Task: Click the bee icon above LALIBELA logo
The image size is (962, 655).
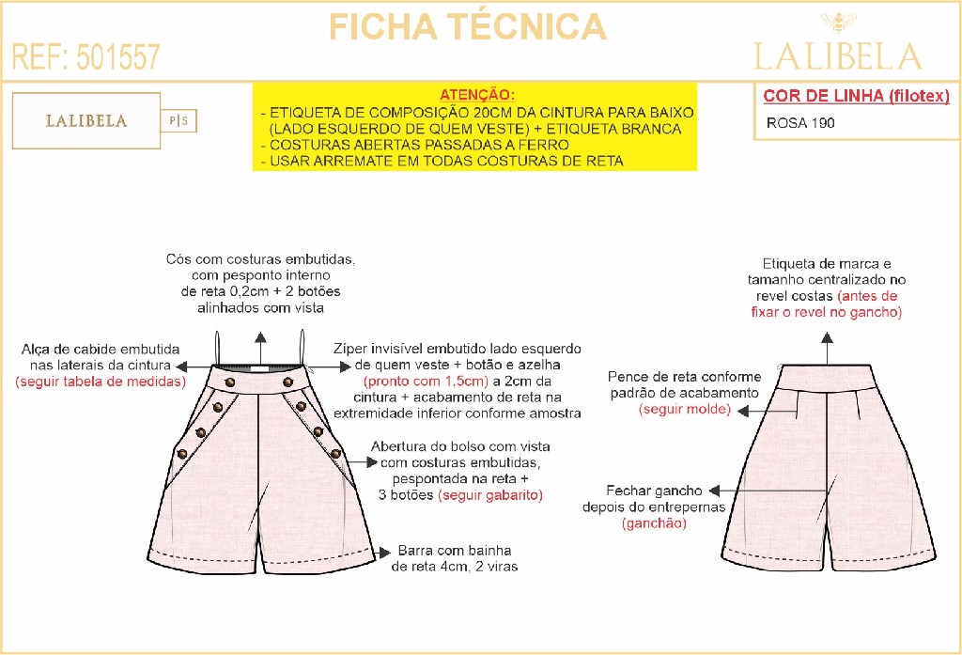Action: (x=835, y=22)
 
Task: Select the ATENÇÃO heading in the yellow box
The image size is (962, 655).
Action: (x=476, y=95)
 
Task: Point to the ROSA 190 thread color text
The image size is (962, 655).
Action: (x=800, y=122)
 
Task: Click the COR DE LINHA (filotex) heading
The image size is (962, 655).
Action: (x=856, y=96)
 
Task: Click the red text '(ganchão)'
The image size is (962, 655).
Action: (x=654, y=523)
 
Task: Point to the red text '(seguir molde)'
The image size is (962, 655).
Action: (x=687, y=410)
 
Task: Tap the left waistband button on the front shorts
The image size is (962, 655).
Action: (x=230, y=381)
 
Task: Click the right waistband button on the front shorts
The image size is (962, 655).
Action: (x=287, y=381)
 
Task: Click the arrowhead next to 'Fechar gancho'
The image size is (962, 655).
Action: (x=711, y=491)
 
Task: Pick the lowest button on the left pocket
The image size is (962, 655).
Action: (x=181, y=454)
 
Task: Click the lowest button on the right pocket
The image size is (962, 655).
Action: (x=335, y=454)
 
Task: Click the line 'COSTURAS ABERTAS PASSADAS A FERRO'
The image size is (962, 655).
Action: (x=419, y=145)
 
